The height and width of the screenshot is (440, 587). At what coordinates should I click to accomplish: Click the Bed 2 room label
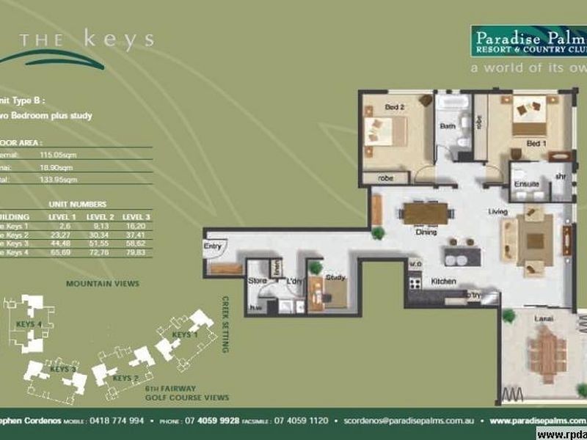[x=395, y=108]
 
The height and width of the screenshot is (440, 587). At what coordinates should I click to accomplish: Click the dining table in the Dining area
[x=426, y=213]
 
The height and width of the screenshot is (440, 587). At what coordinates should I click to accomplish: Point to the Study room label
[x=335, y=277]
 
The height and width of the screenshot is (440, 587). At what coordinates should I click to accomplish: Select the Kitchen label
[x=444, y=282]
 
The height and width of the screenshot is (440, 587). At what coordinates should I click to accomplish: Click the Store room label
[x=256, y=279]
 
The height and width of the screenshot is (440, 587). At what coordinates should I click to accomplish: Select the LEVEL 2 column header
[x=100, y=218]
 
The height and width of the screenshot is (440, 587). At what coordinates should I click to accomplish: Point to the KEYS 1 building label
[x=184, y=334]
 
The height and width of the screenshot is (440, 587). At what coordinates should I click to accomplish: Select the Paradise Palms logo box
[x=528, y=42]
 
